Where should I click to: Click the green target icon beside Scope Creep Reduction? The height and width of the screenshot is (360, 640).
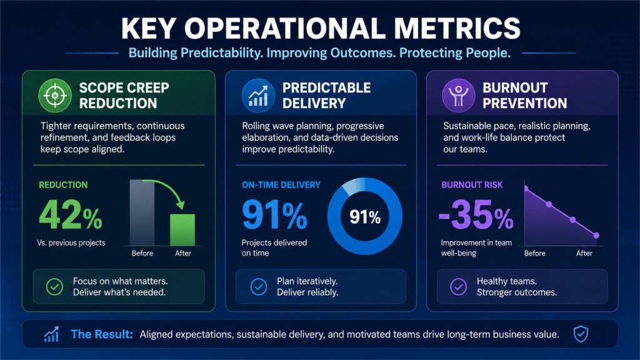click(55, 96)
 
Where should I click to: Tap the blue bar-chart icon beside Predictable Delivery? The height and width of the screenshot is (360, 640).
click(258, 96)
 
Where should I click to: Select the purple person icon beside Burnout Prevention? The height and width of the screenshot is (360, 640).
click(458, 96)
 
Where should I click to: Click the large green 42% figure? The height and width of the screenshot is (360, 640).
click(70, 215)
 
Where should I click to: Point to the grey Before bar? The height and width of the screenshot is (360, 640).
click(142, 212)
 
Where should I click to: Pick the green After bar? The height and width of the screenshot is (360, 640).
click(182, 230)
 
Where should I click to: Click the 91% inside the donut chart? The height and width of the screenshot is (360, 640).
click(365, 217)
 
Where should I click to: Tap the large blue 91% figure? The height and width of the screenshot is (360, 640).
click(274, 215)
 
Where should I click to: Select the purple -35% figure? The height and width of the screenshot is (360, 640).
click(476, 215)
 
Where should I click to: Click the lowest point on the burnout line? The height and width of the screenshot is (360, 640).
click(596, 236)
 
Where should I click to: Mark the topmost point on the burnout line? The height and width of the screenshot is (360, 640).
click(526, 188)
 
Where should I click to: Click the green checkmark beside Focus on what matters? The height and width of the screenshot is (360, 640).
click(54, 286)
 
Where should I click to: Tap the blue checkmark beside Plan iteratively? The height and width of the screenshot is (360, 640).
click(258, 286)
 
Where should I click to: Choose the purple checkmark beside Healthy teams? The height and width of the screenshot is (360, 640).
click(458, 286)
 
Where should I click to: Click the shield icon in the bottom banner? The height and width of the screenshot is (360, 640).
click(581, 334)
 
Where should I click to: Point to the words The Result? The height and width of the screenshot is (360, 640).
click(102, 334)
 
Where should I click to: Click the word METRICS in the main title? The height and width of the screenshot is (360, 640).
click(457, 29)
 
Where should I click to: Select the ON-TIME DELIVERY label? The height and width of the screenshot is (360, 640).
click(281, 185)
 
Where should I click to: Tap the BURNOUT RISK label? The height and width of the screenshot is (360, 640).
click(472, 185)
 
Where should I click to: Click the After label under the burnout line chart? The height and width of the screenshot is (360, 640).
click(584, 253)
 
